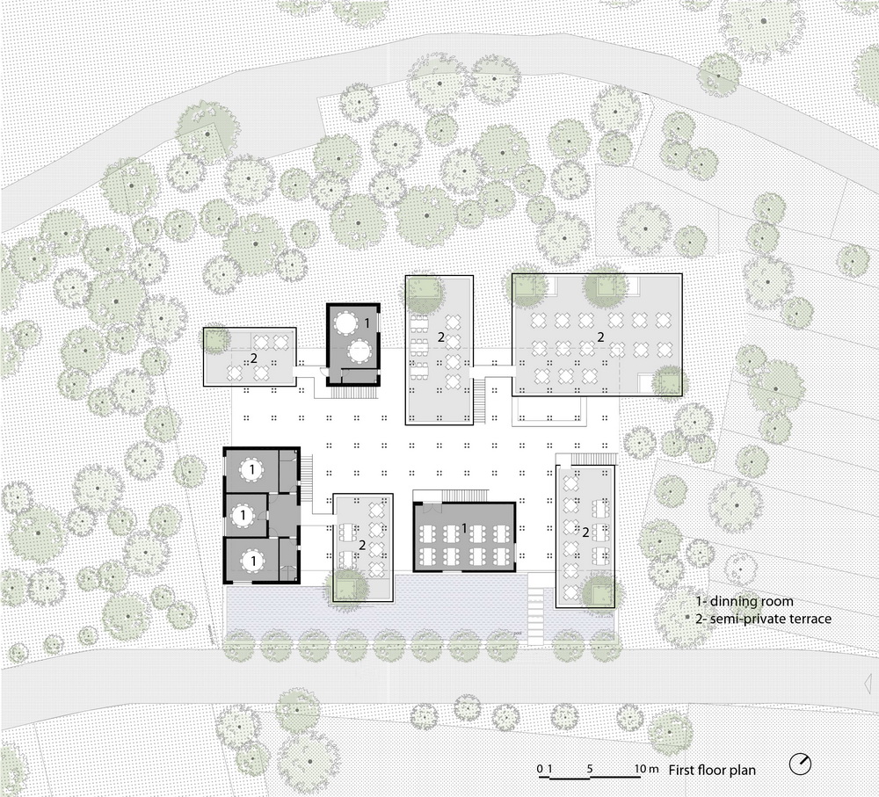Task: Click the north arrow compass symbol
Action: (800, 763)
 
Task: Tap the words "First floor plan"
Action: (712, 770)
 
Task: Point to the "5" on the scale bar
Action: (590, 768)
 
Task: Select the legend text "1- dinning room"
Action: (745, 601)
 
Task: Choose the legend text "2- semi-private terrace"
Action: (763, 619)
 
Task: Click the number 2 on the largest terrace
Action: (600, 337)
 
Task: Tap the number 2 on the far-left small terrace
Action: (254, 359)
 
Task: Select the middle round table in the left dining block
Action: (243, 515)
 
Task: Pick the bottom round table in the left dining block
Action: (253, 560)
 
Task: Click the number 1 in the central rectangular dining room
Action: (464, 527)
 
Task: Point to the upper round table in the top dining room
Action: (346, 323)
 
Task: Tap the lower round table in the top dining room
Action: (360, 352)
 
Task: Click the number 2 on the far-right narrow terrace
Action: (585, 533)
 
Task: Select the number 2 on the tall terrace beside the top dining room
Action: (441, 337)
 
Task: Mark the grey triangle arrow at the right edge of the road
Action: (868, 684)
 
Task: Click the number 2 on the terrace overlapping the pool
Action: (362, 544)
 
